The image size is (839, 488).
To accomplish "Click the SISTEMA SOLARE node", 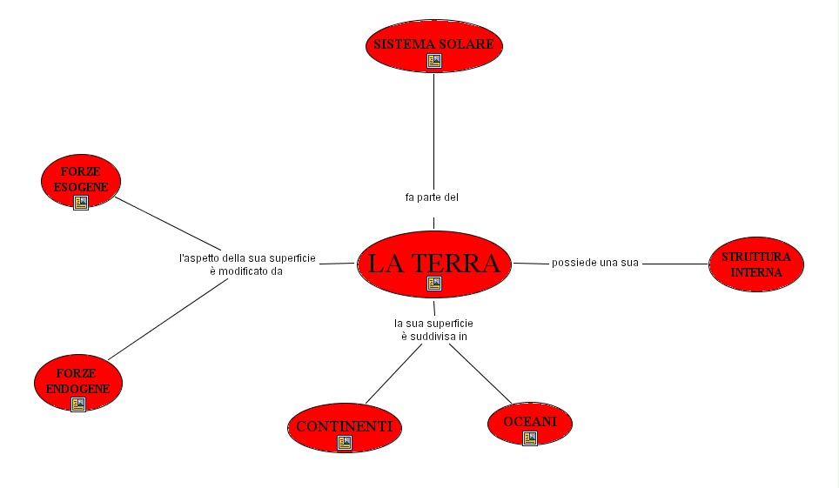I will click(x=433, y=43).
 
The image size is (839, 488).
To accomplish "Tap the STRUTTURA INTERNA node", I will click(x=755, y=264).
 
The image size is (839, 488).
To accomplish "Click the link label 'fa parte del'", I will click(x=432, y=197).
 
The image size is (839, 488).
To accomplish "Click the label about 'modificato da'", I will click(x=247, y=264).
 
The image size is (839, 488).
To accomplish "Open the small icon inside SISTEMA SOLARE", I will click(x=434, y=61).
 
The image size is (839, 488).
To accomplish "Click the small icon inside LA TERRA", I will click(x=434, y=284).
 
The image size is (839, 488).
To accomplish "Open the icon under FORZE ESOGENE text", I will click(x=81, y=203).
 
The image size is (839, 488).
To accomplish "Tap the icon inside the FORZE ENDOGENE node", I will click(x=77, y=404).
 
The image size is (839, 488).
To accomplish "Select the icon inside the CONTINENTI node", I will click(x=345, y=443).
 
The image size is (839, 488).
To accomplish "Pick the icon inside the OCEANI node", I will click(x=529, y=438).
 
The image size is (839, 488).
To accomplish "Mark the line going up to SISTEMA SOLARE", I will click(x=433, y=130).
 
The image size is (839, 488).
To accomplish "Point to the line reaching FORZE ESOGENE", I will click(x=165, y=222).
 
